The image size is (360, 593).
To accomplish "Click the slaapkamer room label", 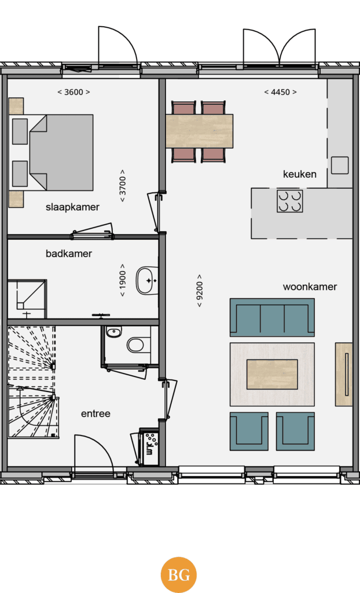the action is [72, 207].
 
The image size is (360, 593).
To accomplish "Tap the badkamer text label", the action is [69, 254].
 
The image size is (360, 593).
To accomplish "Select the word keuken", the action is [299, 174].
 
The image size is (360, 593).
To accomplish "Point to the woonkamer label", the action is [310, 287].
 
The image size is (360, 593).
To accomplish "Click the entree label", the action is [95, 413].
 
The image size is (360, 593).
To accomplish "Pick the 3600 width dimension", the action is [74, 92].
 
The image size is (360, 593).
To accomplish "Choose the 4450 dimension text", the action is [280, 92].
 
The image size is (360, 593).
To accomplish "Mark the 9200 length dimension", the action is [200, 291].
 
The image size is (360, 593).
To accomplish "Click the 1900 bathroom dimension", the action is [123, 280].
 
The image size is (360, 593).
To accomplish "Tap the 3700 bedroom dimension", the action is [123, 185].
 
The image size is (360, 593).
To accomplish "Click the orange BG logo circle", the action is [178, 575].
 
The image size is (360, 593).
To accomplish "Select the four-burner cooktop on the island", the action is [289, 201].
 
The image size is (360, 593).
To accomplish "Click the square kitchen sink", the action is [340, 165].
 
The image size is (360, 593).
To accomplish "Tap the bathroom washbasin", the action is [147, 281].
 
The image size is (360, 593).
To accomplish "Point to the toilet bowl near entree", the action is [135, 345].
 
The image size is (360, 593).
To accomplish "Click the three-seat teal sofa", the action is [272, 317].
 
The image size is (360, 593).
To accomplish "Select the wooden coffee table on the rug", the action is [272, 375].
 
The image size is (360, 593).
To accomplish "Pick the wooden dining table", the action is [199, 131].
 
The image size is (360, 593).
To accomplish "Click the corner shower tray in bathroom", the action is [27, 299].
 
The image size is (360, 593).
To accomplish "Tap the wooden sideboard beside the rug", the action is [344, 375].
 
